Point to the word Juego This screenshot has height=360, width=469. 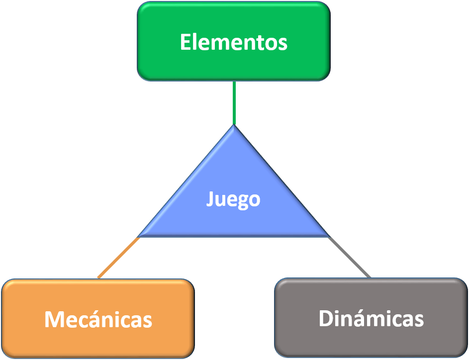click(233, 199)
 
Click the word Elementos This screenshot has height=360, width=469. click(233, 42)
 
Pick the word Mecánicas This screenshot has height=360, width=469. click(98, 319)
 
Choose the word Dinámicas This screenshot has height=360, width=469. click(371, 318)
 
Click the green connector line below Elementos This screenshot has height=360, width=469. click(234, 102)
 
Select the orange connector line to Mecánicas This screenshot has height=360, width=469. click(118, 258)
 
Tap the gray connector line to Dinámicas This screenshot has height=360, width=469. click(349, 257)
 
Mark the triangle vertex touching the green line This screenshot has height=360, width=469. click(234, 126)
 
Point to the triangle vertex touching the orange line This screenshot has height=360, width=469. click(139, 236)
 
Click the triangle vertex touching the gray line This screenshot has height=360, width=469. click(328, 236)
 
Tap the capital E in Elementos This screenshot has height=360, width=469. click(185, 42)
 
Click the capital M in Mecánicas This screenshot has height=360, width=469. click(54, 319)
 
